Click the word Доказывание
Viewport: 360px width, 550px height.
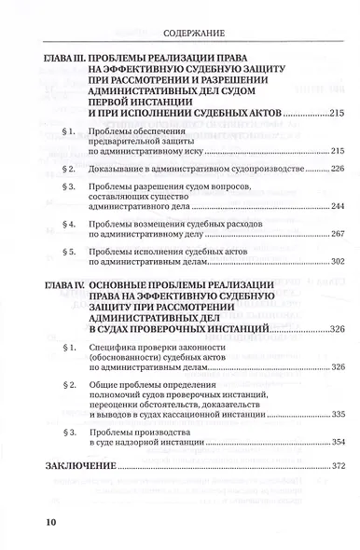point(126,168)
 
